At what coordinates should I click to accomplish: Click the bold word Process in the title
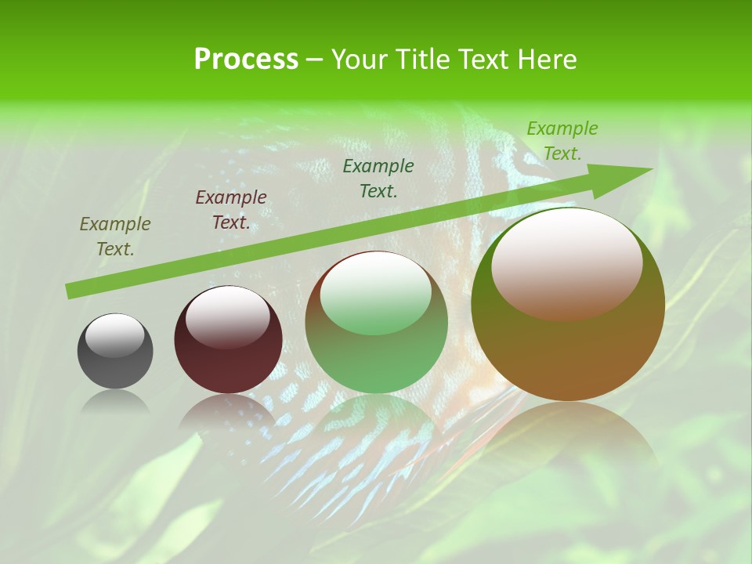tap(246, 60)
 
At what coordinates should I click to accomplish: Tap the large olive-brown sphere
tap(568, 352)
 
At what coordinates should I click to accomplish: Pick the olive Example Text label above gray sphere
tap(115, 236)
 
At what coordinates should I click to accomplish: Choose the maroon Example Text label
tap(231, 209)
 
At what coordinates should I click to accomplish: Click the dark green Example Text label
tap(378, 178)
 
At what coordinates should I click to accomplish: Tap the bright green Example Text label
tap(562, 140)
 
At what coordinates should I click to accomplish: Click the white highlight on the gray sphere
tap(114, 335)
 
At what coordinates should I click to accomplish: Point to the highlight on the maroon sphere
tap(227, 317)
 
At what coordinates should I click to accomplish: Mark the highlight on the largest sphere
tap(566, 262)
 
